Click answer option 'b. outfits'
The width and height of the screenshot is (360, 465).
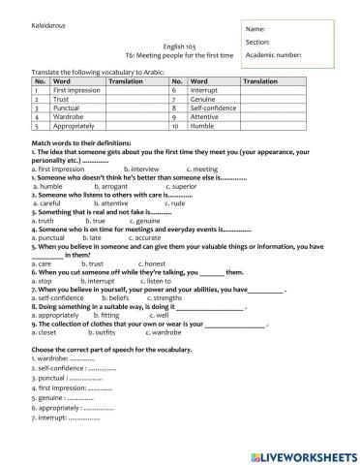click(x=113, y=330)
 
